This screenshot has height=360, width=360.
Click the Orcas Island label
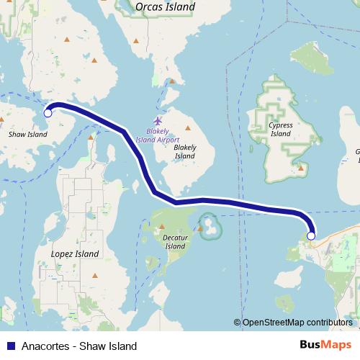pos(165,6)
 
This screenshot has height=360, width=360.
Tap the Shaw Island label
pos(27,134)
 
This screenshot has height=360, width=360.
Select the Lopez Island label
pos(75,254)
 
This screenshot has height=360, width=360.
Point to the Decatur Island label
pos(176,241)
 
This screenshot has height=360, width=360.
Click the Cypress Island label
pos(281,129)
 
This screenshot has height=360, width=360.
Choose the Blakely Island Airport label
pos(167,136)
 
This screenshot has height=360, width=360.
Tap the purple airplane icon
pos(158,120)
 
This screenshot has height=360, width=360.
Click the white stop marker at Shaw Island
pos(48,112)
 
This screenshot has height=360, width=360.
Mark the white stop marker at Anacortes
pos(311,235)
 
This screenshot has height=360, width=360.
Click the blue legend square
pos(9,346)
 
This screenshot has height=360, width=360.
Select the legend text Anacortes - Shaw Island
pos(79,346)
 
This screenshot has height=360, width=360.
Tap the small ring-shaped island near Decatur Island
pos(210,226)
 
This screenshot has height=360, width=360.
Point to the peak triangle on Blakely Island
pos(187,129)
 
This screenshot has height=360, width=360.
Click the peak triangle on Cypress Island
pos(300,168)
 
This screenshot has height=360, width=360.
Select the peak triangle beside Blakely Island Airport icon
pos(172,81)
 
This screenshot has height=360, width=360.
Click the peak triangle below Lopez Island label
pos(94,274)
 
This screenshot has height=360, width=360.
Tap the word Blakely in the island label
pos(185,147)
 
